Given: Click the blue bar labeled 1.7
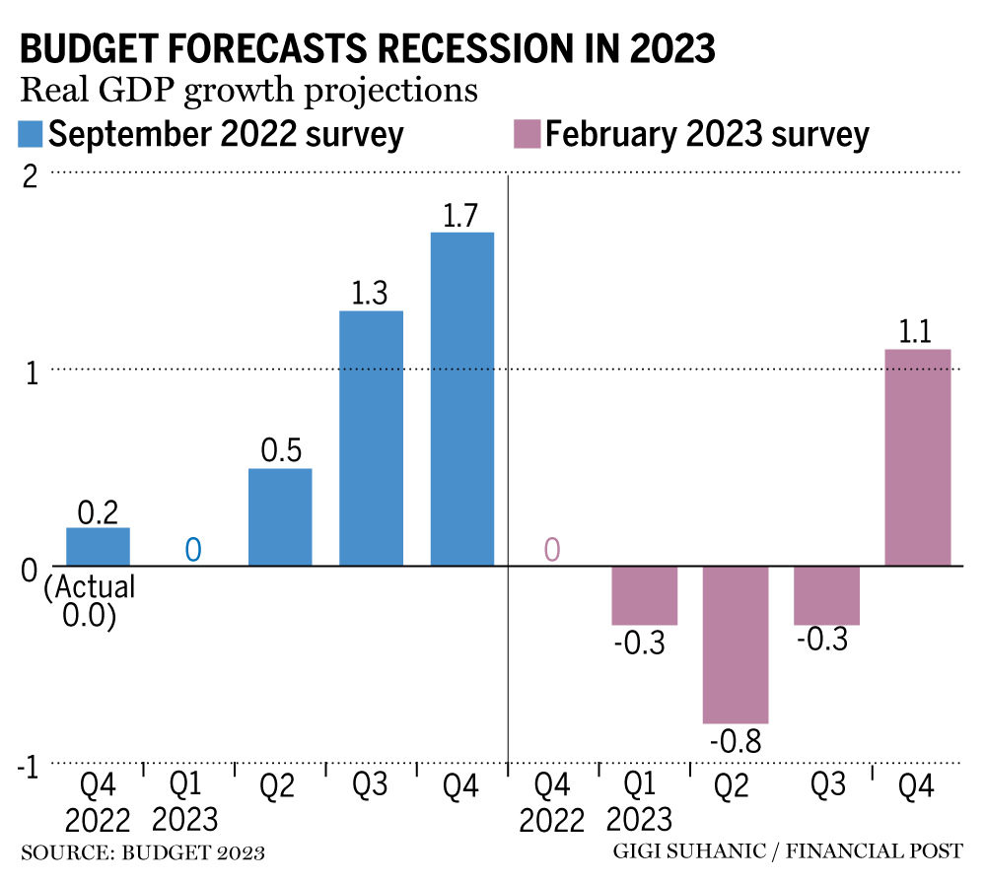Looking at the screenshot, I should pos(461,399).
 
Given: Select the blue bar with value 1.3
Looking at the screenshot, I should pos(371,439).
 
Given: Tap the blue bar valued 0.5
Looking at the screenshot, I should pos(280,517).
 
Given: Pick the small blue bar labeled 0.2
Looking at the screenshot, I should pos(98,547).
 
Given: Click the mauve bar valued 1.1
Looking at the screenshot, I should pos(918,458).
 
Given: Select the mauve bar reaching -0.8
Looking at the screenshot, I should pos(735,645).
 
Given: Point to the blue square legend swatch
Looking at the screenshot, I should pos(31,134).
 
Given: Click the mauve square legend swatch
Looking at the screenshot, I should pos(528,134).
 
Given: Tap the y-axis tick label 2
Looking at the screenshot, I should pos(30,177).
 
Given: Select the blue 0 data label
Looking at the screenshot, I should pos(194,550).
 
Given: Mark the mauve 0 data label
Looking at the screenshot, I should pos(552,550).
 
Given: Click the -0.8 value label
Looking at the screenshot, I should pos(735,741).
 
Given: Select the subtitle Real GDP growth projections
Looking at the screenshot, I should pos(248,90).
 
